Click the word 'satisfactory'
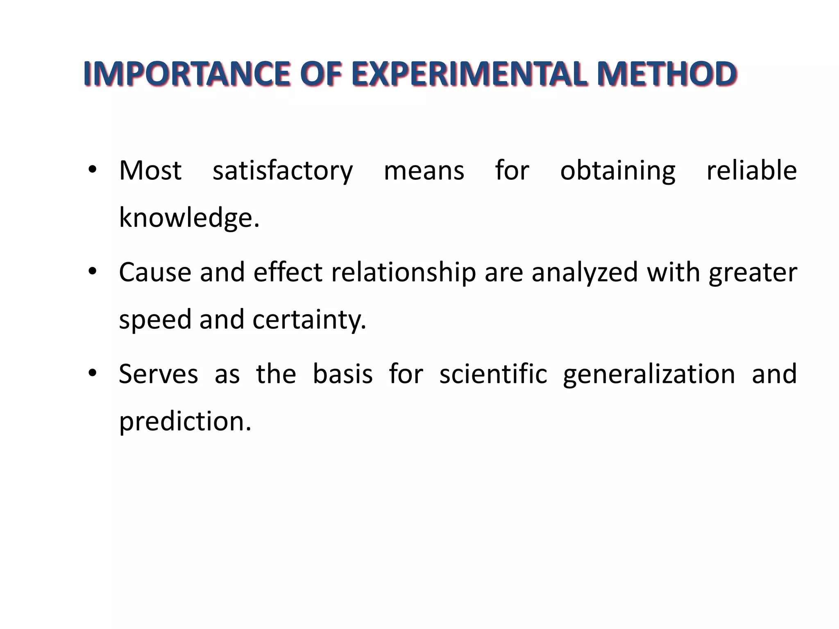pos(282,171)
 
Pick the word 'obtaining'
pos(618,171)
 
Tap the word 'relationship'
pos(404,273)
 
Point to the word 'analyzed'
pos(585,273)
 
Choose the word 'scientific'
pos(493,374)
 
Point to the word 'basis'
pos(343,374)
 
